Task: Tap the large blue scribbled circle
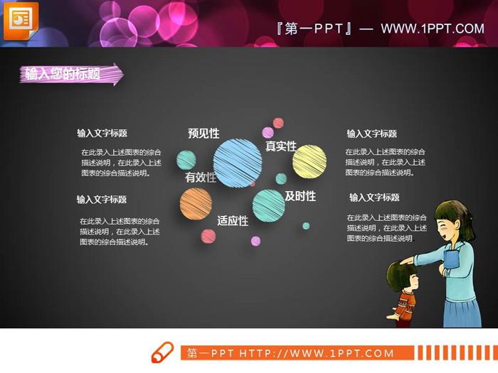(238, 163)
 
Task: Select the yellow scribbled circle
(309, 161)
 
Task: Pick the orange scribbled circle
(196, 205)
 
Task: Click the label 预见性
(203, 134)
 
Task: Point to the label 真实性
(280, 146)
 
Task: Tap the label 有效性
(200, 178)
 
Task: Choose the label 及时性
(300, 196)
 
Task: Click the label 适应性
(233, 221)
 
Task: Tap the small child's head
(405, 274)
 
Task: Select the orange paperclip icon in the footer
(163, 352)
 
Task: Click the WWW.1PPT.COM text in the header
(433, 29)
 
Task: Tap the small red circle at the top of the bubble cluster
(278, 123)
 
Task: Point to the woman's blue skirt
(462, 310)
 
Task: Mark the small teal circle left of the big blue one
(186, 160)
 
